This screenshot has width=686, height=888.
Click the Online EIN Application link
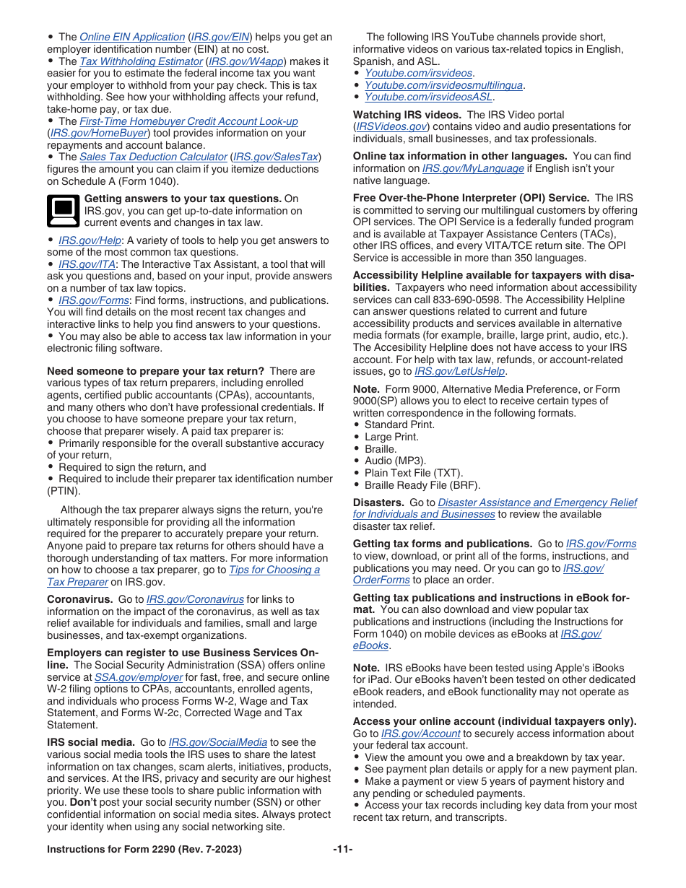132,37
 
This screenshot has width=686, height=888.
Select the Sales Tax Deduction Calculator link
153,157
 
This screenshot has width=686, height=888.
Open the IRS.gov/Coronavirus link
195,599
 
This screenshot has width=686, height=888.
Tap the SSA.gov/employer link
139,677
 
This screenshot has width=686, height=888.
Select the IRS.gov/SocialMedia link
217,742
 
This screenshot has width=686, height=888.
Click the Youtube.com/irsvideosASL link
428,97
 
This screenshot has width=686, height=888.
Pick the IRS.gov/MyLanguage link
472,168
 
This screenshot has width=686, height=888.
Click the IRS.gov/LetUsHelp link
459,371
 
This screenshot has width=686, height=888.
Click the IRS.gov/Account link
420,734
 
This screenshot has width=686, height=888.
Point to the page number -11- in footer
342,849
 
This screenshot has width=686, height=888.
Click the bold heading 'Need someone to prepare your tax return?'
155,371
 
